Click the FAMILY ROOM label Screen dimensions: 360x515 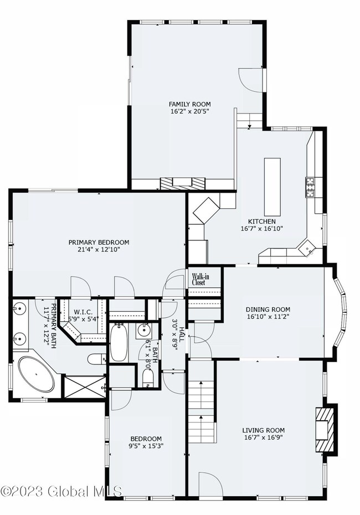[x=190, y=104]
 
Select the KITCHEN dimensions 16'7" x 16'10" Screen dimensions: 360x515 [x=262, y=229]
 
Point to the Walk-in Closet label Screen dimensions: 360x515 [x=200, y=279]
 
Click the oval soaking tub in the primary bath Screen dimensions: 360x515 [x=36, y=374]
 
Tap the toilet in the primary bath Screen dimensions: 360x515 [x=96, y=359]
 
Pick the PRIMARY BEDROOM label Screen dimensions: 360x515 [x=99, y=243]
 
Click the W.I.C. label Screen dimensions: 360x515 [x=83, y=312]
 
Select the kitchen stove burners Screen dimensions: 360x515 [x=310, y=187]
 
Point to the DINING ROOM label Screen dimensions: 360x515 [x=268, y=310]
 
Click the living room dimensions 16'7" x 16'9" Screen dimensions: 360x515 [x=264, y=437]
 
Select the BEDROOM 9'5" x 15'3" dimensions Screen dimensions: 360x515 [x=146, y=446]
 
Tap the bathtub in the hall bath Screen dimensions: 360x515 [x=119, y=343]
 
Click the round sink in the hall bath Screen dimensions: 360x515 [x=144, y=331]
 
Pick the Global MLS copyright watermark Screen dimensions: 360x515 [x=61, y=491]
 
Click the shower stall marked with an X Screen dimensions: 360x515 [x=85, y=388]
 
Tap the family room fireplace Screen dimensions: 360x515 [x=182, y=183]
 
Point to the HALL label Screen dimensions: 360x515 [x=181, y=335]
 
